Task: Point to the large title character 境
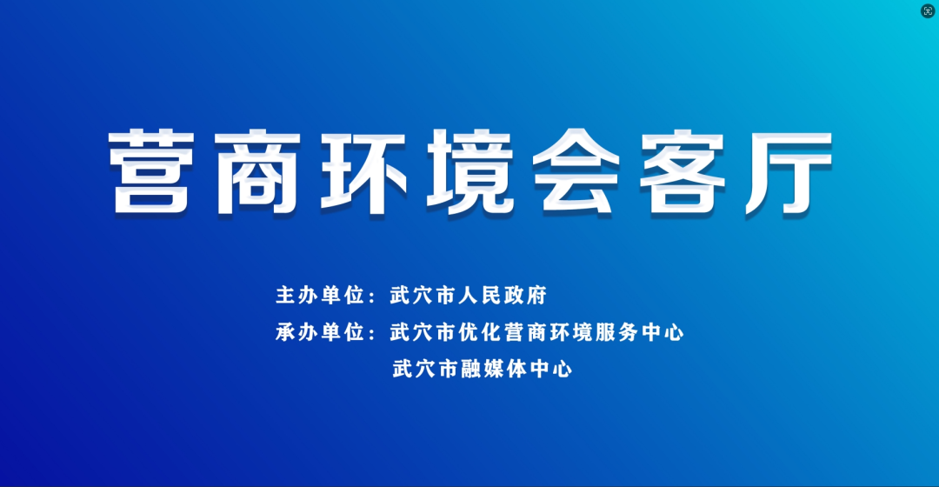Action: [x=469, y=172]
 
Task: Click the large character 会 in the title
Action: [x=576, y=172]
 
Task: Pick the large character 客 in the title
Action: [x=683, y=172]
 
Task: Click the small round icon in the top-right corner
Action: [x=928, y=11]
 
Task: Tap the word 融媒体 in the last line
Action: [x=494, y=369]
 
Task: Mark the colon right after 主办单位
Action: [x=372, y=297]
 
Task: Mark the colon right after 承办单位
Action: [x=372, y=333]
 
